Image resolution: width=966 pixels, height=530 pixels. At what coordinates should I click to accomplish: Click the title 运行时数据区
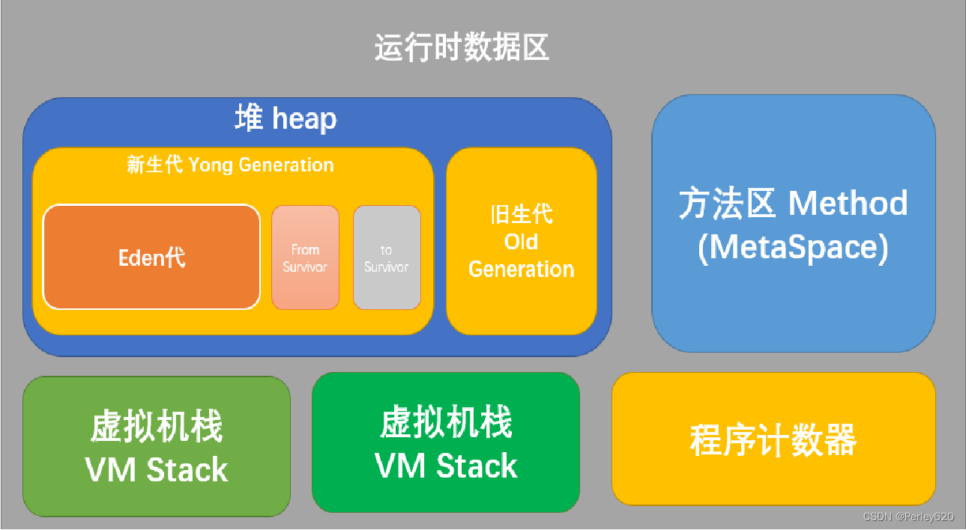(x=462, y=47)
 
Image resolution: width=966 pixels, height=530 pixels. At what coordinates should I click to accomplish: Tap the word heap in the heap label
(x=304, y=120)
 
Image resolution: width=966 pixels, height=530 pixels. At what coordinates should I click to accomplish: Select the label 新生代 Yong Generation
(x=230, y=165)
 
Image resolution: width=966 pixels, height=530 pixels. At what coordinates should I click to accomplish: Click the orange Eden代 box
(x=151, y=258)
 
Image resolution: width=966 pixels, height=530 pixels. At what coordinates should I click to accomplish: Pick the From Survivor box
(x=305, y=258)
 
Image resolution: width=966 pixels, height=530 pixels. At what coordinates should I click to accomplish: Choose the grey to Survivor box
(x=387, y=258)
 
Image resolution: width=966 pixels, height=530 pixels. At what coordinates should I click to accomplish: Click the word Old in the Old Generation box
(x=521, y=242)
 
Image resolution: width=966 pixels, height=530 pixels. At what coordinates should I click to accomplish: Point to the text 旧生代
(x=521, y=215)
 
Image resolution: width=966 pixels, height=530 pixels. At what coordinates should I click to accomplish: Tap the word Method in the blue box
(x=848, y=204)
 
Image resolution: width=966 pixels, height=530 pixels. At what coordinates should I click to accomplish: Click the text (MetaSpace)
(x=793, y=248)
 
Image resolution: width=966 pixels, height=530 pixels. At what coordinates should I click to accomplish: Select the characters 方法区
(x=727, y=204)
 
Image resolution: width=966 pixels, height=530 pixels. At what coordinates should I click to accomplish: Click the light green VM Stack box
(x=156, y=446)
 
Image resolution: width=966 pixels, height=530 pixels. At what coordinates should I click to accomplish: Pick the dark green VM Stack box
(x=445, y=442)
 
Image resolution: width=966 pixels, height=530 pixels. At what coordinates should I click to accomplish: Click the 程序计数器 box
(x=773, y=439)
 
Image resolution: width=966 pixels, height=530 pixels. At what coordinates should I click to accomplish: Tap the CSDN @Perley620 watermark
(x=908, y=517)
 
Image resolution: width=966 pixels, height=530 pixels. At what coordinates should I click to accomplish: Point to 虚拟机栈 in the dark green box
(x=446, y=423)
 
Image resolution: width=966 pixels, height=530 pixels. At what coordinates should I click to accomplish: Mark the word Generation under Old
(x=521, y=269)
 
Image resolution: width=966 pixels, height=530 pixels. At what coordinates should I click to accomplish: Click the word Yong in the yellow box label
(x=211, y=165)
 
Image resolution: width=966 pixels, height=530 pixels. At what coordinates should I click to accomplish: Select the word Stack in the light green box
(x=187, y=470)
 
